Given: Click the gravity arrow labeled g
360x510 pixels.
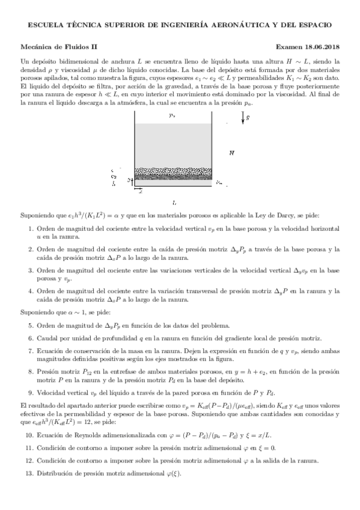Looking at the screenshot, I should tap(243, 118).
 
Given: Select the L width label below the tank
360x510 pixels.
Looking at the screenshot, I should tap(174, 203).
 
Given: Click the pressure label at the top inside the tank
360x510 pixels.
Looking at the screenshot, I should tap(172, 114).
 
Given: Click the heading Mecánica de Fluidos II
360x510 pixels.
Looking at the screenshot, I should tap(59, 46).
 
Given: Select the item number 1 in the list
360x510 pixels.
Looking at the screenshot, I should tap(31, 229).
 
